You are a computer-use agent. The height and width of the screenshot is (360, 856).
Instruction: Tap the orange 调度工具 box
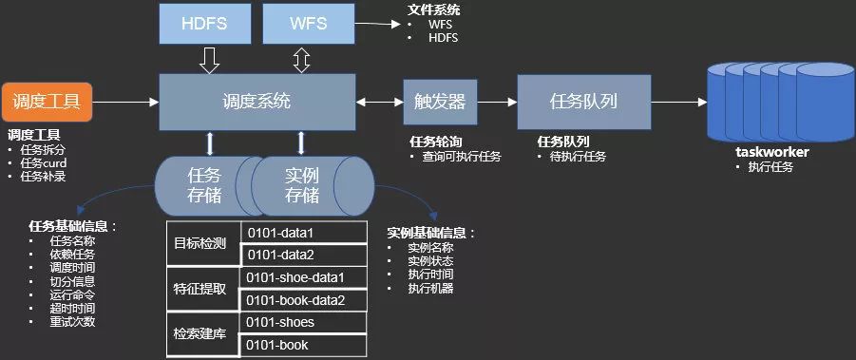[47, 100]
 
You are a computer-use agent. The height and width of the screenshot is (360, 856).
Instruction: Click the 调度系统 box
[256, 101]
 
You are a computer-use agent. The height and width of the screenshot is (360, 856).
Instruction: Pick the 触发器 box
[440, 100]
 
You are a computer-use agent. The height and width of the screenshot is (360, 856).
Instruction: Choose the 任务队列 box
[583, 100]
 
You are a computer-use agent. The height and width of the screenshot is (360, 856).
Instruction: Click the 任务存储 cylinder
[205, 185]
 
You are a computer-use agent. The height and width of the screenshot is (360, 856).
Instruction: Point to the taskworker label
[770, 151]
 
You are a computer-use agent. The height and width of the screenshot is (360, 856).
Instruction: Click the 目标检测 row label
[200, 243]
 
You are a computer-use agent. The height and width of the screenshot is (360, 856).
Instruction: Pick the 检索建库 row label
[200, 334]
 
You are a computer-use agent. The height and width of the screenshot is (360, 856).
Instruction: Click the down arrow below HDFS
[210, 62]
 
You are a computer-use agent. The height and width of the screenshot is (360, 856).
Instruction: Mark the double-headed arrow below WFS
[302, 62]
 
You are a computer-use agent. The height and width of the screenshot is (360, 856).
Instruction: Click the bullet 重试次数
[70, 321]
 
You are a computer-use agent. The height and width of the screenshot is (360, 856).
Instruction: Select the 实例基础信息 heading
[430, 233]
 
